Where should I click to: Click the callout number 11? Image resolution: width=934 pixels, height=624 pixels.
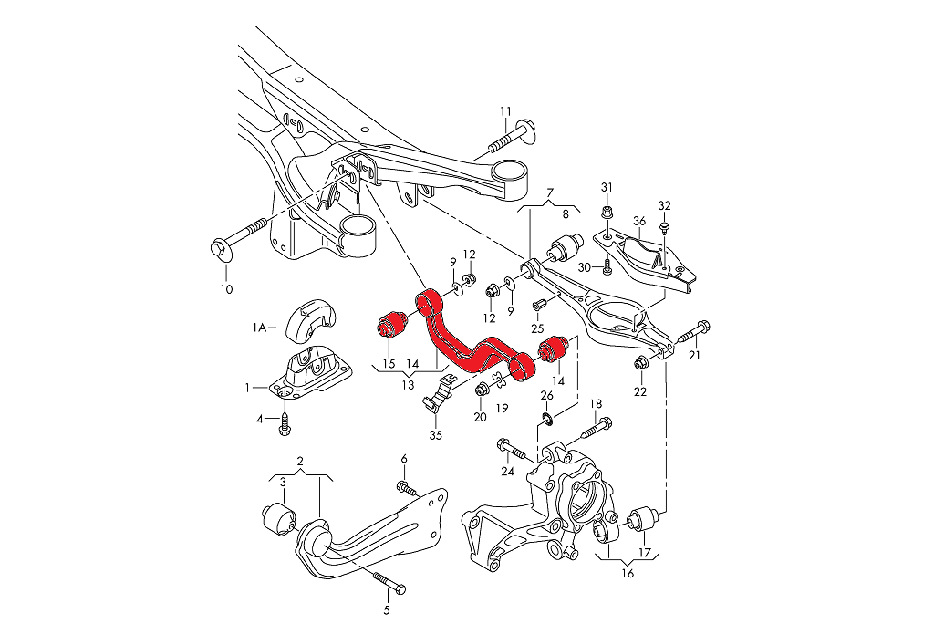coord(505,112)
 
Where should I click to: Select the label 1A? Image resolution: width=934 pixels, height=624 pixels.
coord(259,326)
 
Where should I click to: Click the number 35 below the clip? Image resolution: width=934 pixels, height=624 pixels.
coord(435,434)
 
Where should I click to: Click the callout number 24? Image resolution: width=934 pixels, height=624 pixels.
coord(507,471)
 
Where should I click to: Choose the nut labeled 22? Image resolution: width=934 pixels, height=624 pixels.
coord(641,364)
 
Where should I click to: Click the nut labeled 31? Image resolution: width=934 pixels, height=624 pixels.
coord(607,213)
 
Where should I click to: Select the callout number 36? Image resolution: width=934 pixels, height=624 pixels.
coord(639,220)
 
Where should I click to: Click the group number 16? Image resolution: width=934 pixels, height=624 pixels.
coord(627,573)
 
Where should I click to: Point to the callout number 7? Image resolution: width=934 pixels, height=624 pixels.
coord(550,192)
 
